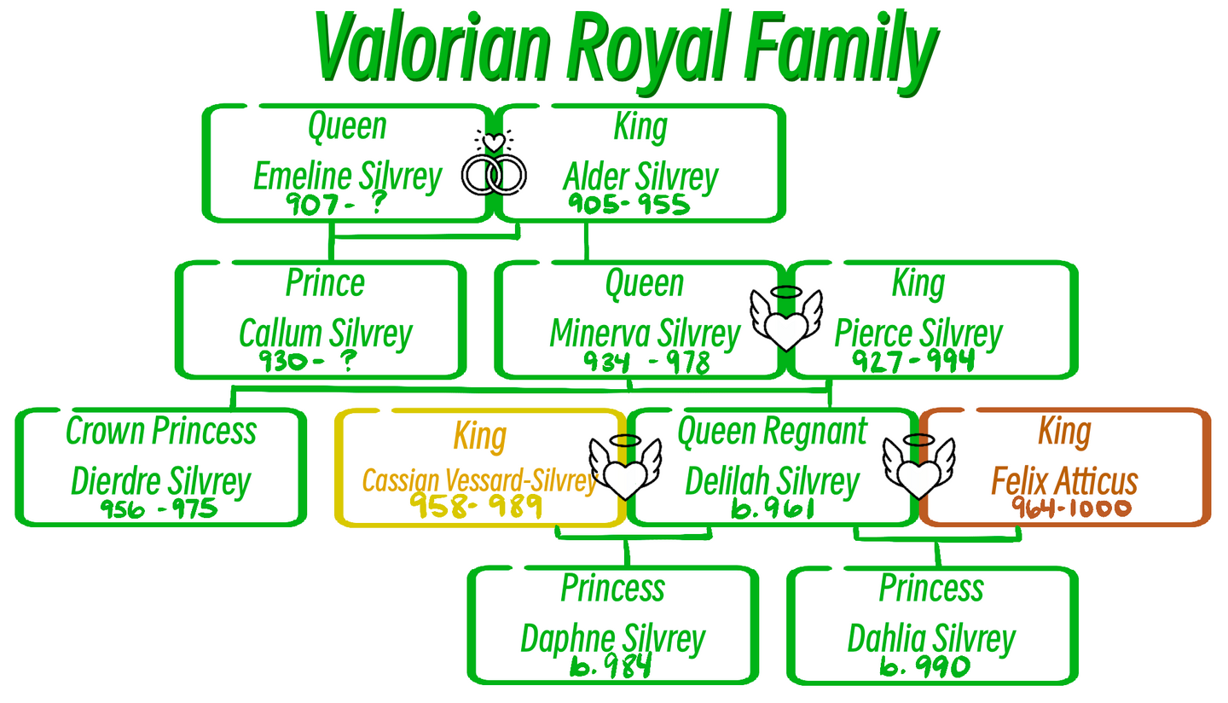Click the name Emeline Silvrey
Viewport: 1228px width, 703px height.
pyautogui.click(x=347, y=177)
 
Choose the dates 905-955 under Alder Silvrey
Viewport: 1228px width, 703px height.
pyautogui.click(x=628, y=204)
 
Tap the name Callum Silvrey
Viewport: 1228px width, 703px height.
pyautogui.click(x=325, y=334)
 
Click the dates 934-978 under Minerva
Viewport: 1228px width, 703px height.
pyautogui.click(x=646, y=363)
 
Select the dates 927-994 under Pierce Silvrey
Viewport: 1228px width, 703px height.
pyautogui.click(x=912, y=361)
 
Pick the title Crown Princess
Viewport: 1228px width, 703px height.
pyautogui.click(x=161, y=432)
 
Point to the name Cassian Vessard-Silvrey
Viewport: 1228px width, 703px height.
pyautogui.click(x=478, y=481)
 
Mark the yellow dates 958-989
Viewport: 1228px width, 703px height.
pyautogui.click(x=475, y=507)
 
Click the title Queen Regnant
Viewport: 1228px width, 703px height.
pyautogui.click(x=772, y=432)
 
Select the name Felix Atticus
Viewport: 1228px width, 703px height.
pyautogui.click(x=1063, y=481)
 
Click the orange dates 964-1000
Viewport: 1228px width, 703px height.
pyautogui.click(x=1070, y=508)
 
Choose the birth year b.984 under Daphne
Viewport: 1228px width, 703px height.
pyautogui.click(x=611, y=665)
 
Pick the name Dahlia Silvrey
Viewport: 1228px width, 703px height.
pyautogui.click(x=931, y=639)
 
